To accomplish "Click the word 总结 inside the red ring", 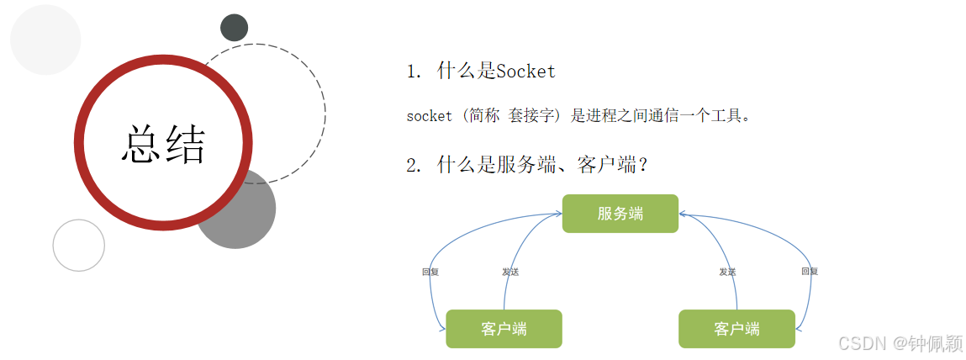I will point(163,144).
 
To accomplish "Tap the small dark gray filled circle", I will point(234,28).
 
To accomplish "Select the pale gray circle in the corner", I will point(45,40).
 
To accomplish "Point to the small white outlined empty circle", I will point(79,245).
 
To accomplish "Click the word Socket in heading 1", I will point(526,71).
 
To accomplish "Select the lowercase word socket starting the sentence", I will point(429,116).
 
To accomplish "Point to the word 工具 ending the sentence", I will point(727,116).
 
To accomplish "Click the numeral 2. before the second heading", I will point(414,165).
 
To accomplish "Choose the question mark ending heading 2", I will point(642,165).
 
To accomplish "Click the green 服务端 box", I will point(620,214).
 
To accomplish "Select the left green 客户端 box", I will point(504,329).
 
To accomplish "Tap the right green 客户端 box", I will point(736,329).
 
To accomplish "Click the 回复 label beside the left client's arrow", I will point(430,272).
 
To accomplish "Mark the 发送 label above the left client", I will point(510,272).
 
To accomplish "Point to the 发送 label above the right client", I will point(727,272).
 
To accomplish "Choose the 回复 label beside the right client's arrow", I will point(810,271).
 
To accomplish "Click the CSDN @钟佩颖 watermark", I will point(900,342).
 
